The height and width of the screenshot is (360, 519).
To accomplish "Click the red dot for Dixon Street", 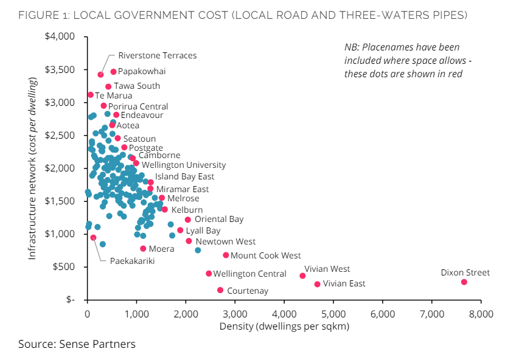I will [x=464, y=282].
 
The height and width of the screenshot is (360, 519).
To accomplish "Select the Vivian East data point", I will [x=317, y=284].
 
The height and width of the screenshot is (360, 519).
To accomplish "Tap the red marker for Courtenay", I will [x=220, y=290].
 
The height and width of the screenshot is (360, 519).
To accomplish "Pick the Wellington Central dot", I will [x=209, y=274].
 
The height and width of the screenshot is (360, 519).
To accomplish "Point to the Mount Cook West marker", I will [x=226, y=255].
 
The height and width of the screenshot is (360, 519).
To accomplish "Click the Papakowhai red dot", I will [x=113, y=72].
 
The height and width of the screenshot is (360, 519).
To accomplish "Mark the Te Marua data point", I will [x=91, y=95].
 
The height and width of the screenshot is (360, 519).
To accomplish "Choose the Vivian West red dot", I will [x=302, y=275].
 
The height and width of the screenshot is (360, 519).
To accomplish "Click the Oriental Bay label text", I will [x=219, y=220].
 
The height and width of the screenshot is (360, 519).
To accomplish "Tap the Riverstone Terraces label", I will [x=157, y=56].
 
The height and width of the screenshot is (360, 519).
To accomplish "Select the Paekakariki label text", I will [x=132, y=261].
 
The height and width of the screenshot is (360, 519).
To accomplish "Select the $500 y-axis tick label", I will [x=64, y=267].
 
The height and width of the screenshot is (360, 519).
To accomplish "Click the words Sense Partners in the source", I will [x=97, y=345].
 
